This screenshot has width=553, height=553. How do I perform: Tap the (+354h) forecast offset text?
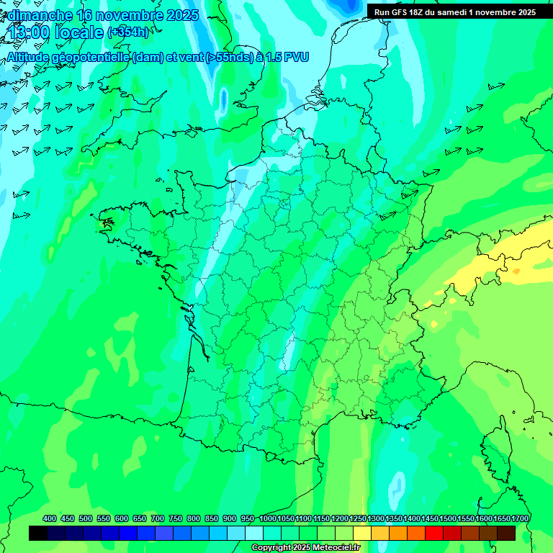tap(128, 32)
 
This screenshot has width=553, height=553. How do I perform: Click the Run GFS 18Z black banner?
tap(454, 12)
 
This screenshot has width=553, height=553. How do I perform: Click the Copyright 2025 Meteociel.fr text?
tap(305, 548)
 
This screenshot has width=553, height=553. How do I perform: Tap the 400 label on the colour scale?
tap(50, 519)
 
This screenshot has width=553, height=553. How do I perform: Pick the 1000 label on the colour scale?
tap(267, 519)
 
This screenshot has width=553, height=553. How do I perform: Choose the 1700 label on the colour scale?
tap(519, 519)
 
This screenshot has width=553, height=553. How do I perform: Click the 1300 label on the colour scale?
tap(375, 519)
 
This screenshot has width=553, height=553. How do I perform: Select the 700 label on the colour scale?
tap(158, 519)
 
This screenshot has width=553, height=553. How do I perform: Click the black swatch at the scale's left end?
tap(38, 534)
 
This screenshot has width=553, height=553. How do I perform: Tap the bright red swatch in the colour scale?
tap(434, 534)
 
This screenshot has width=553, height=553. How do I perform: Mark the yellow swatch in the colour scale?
tap(362, 534)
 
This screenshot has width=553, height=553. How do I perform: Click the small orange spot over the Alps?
tap(516, 271)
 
